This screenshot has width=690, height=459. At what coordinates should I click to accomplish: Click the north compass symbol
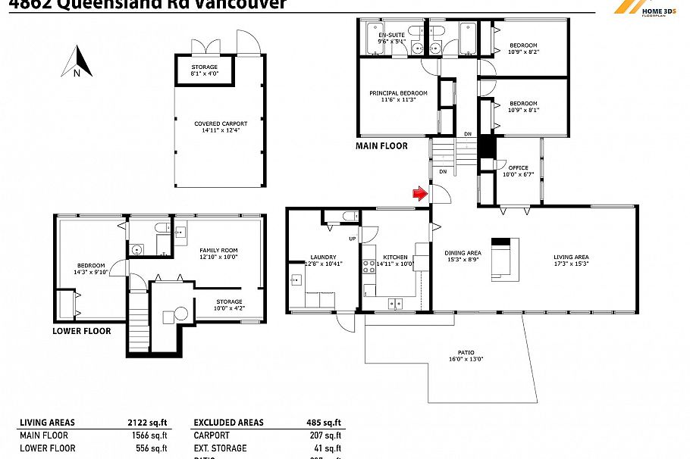pyautogui.click(x=77, y=62)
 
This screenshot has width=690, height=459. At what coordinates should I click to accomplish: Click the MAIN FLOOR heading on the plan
pyautogui.click(x=381, y=146)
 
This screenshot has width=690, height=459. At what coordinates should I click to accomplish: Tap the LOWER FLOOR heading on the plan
pyautogui.click(x=81, y=331)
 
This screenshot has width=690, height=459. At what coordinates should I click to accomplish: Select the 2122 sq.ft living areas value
pyautogui.click(x=151, y=423)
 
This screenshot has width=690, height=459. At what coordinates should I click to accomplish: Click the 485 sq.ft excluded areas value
pyautogui.click(x=325, y=423)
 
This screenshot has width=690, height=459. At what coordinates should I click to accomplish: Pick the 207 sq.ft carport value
pyautogui.click(x=328, y=436)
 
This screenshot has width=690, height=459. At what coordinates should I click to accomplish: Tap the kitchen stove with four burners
pyautogui.click(x=369, y=267)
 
